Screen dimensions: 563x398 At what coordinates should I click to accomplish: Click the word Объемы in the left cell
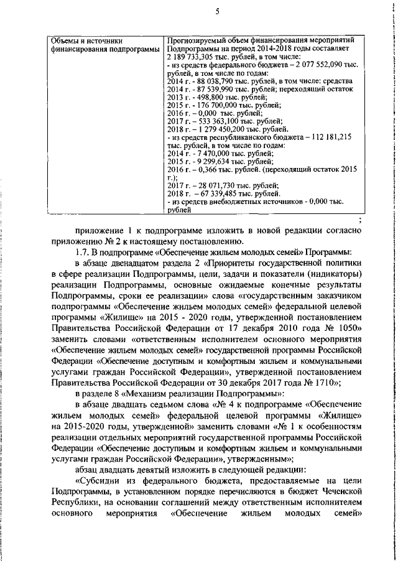pos(64,40)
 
